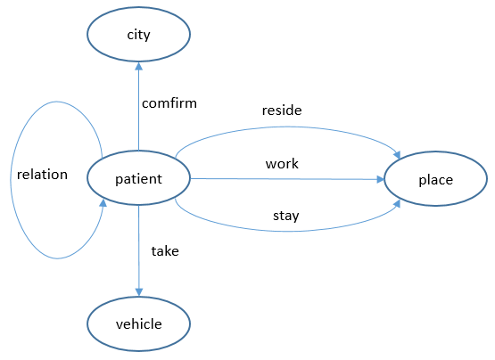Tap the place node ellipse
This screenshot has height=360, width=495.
pyautogui.click(x=435, y=180)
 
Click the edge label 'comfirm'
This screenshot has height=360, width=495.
pyautogui.click(x=169, y=102)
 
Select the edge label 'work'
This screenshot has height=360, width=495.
pyautogui.click(x=282, y=164)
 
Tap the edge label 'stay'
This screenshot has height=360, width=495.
pyautogui.click(x=285, y=215)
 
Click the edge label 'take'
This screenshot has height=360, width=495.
pyautogui.click(x=164, y=251)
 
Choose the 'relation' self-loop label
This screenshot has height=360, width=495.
pyautogui.click(x=42, y=174)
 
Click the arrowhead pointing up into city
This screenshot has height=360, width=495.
pyautogui.click(x=138, y=67)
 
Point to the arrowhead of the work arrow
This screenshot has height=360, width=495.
pyautogui.click(x=378, y=179)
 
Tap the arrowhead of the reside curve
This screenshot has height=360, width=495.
pyautogui.click(x=394, y=153)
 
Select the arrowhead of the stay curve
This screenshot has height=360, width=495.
pyautogui.click(x=394, y=205)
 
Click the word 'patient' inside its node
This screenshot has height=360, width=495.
pyautogui.click(x=138, y=179)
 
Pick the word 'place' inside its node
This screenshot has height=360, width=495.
pyautogui.click(x=435, y=180)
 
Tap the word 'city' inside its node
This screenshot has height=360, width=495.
pyautogui.click(x=138, y=35)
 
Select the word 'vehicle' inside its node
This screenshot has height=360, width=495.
pyautogui.click(x=138, y=324)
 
